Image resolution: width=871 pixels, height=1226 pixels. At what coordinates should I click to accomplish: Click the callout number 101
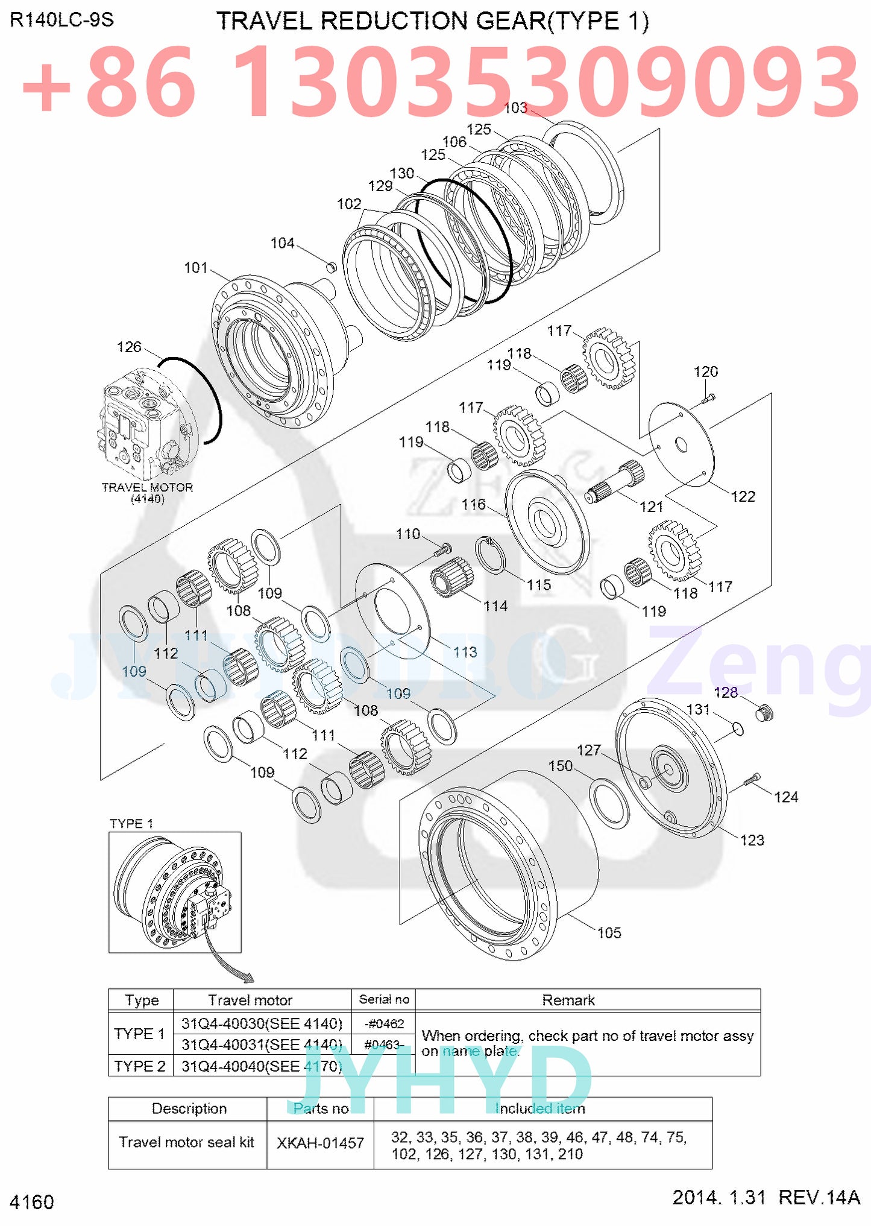[195, 268]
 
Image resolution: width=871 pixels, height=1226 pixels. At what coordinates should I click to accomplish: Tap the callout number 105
[609, 933]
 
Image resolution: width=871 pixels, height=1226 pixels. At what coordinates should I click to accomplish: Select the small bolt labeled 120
[708, 397]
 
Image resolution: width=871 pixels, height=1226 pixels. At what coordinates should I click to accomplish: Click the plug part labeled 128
[764, 713]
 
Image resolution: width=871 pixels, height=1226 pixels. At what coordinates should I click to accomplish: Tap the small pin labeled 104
[330, 265]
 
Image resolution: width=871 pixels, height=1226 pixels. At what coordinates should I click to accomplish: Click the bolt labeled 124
[752, 780]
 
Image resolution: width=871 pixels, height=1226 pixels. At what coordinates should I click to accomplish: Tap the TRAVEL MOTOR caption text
[147, 487]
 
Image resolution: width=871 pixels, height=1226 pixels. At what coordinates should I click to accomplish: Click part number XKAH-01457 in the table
[320, 1143]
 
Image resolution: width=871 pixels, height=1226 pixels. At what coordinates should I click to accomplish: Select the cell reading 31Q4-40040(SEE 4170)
[262, 1066]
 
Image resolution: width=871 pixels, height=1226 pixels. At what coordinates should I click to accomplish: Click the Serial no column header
[384, 999]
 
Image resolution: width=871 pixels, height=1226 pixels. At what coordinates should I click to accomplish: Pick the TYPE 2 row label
[140, 1066]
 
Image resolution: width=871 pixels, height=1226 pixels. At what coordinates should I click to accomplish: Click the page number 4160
[32, 1201]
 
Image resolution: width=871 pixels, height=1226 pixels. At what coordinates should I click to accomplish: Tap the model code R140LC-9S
[61, 20]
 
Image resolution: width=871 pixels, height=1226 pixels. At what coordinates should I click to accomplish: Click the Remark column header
[568, 1000]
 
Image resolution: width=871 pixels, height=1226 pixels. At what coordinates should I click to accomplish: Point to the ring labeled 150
[611, 803]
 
